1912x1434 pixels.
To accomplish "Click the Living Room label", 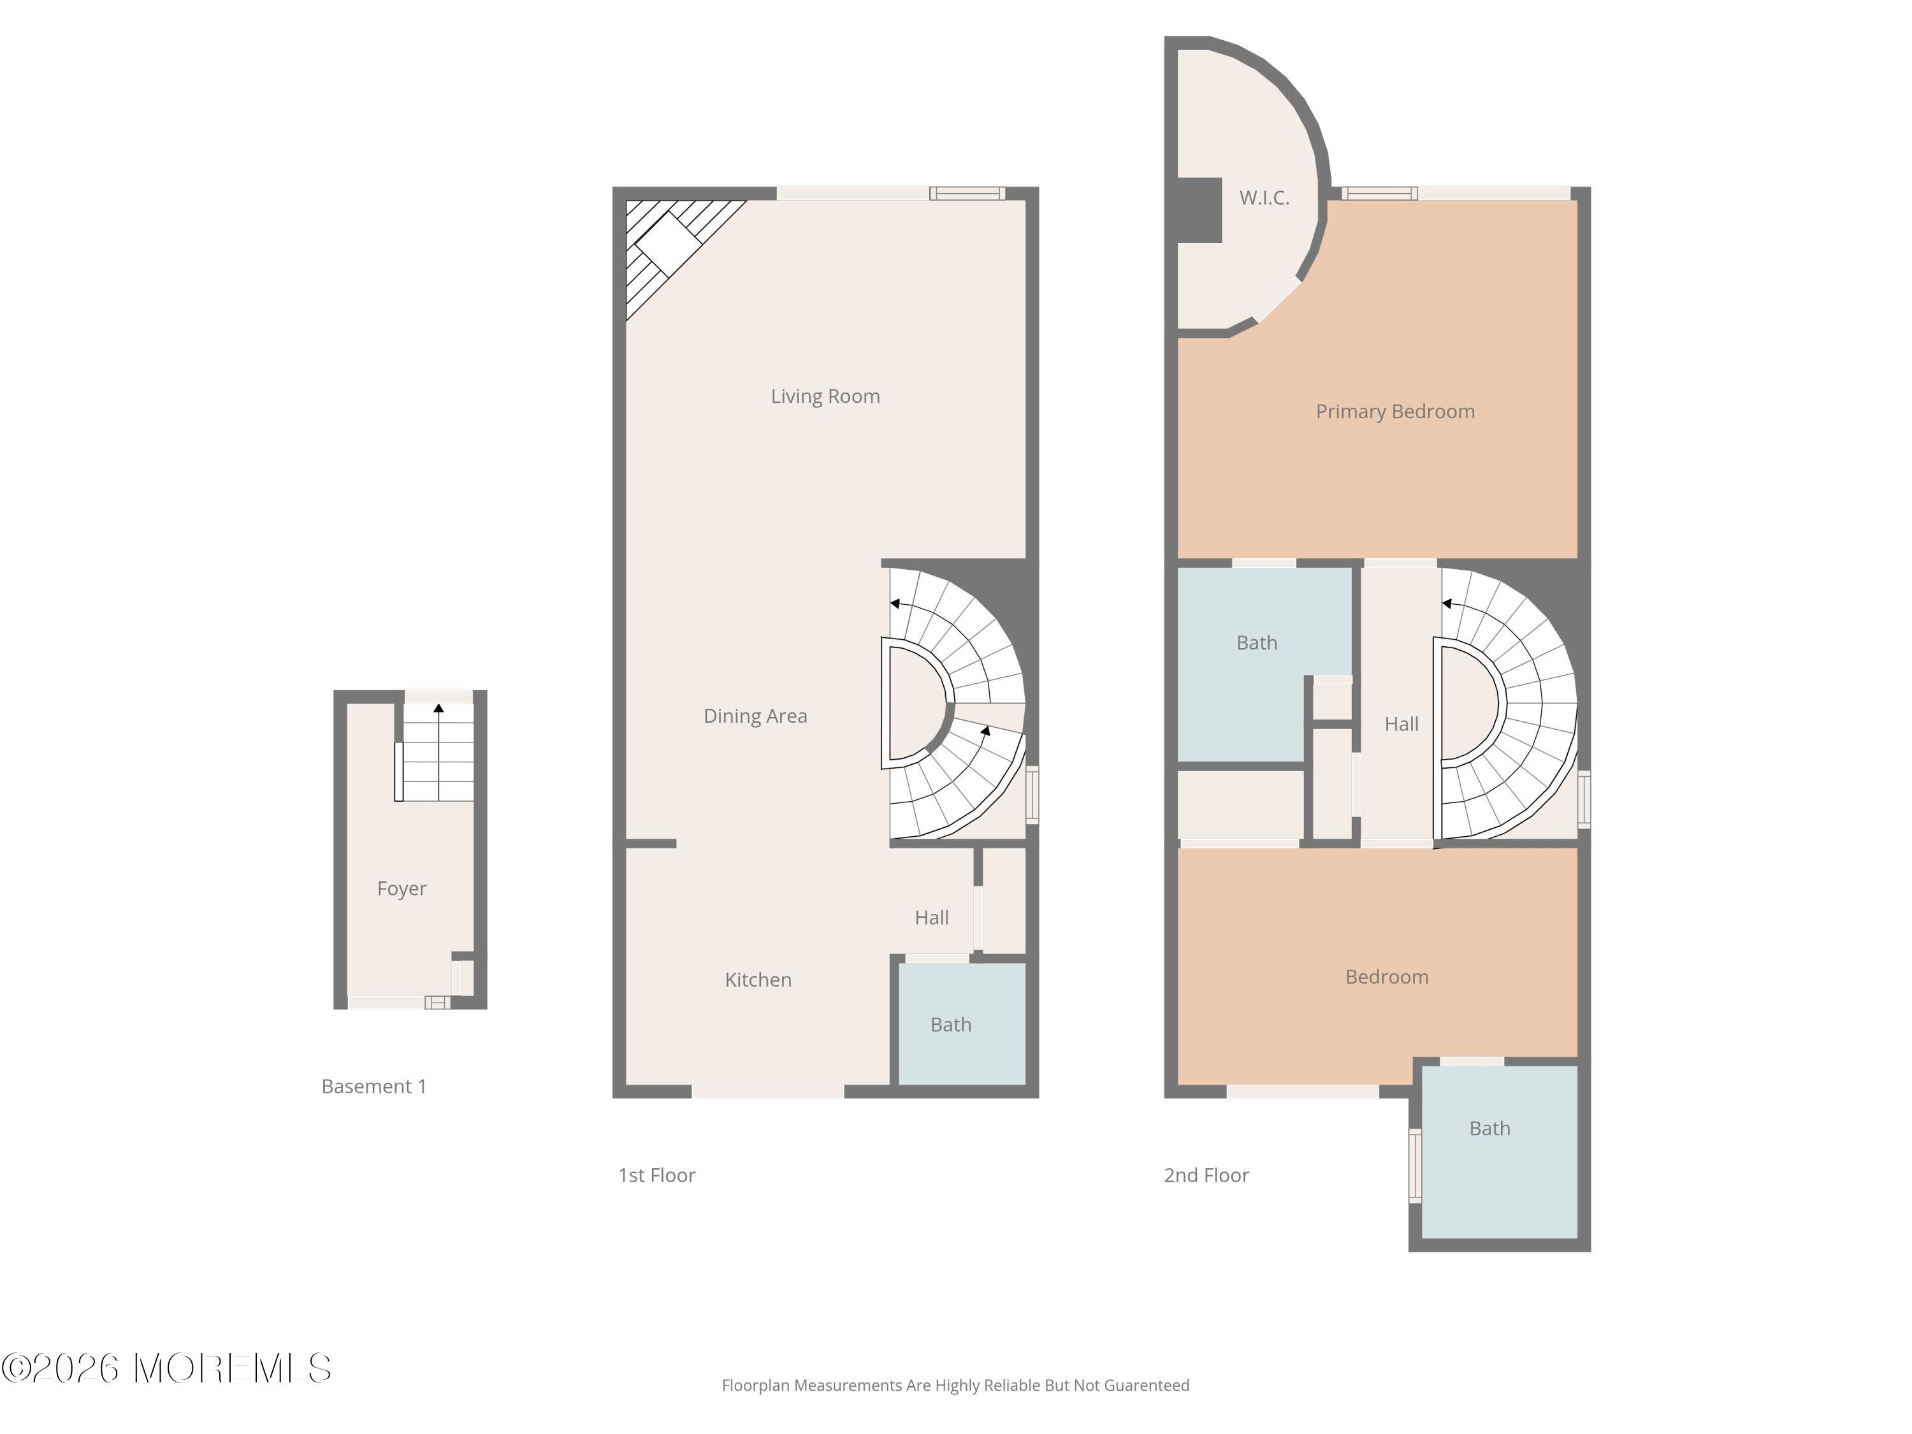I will [x=825, y=396].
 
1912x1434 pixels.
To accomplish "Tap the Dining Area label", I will [x=755, y=716].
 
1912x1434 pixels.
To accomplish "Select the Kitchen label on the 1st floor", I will [x=758, y=980].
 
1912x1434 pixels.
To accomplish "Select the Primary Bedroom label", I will [x=1394, y=412].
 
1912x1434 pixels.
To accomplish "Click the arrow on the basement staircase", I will [x=438, y=709].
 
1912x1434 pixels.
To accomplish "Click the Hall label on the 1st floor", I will [x=931, y=918].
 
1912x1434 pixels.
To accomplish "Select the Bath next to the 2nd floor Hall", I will [x=1256, y=643].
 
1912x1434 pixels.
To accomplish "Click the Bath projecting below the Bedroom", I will [x=1489, y=1128].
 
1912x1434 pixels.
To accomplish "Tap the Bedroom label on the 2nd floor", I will [x=1386, y=977].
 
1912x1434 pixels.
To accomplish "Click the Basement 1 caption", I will [x=373, y=1087].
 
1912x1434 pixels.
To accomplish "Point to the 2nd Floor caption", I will [x=1206, y=1175].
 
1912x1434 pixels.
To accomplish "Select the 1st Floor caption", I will [x=656, y=1175].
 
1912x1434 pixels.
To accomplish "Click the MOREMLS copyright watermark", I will [x=166, y=1368].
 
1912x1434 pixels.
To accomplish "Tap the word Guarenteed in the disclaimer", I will [x=1146, y=1386].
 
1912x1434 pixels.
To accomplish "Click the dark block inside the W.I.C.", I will [x=1199, y=209].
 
